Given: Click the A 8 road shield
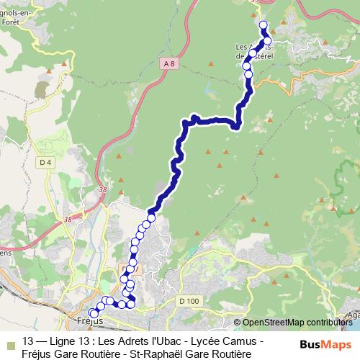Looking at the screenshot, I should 168,65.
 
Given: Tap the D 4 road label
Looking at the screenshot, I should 46,163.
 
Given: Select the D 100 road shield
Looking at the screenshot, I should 189,300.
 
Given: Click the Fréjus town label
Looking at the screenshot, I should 89,320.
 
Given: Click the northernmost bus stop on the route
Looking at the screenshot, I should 263,25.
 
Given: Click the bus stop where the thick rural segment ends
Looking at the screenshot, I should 152,217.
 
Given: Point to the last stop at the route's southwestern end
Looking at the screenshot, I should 94,314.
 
